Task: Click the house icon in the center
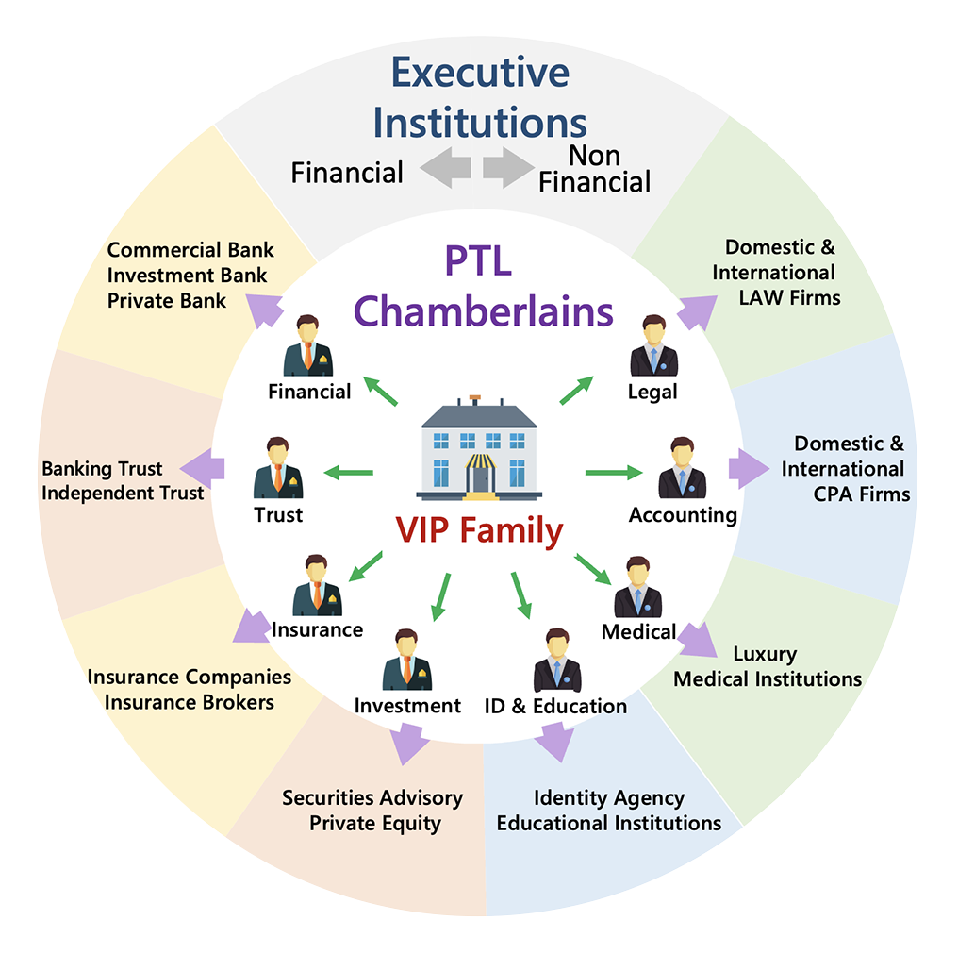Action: tap(480, 447)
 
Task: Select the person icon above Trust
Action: tap(278, 468)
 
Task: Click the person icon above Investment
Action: tap(406, 661)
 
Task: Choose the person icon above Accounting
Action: tap(682, 468)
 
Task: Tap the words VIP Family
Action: tap(480, 531)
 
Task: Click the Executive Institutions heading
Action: tap(480, 97)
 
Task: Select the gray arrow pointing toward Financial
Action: tap(445, 169)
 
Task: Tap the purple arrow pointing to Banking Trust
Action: tap(204, 468)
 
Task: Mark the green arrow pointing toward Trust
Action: tap(348, 472)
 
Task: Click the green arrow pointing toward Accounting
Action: tap(613, 472)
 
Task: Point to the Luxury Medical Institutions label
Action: tap(767, 666)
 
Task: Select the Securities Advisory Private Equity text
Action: tap(373, 810)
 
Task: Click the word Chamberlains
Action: tap(485, 310)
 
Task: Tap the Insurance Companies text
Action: tap(190, 677)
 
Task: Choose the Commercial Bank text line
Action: tap(190, 250)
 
